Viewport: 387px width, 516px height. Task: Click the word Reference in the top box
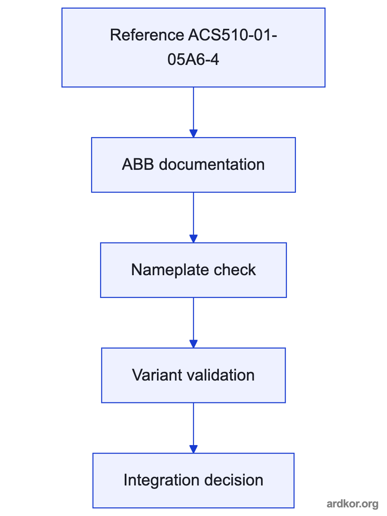coord(147,35)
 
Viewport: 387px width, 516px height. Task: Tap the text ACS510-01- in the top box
coord(233,35)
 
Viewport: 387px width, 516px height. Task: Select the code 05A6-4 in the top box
coord(193,59)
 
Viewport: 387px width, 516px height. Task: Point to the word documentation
coord(212,164)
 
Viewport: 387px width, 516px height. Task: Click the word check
coord(235,270)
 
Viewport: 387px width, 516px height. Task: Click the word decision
coord(234,480)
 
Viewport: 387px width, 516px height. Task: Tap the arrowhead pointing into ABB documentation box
coord(193,134)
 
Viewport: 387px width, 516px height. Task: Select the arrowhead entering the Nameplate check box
coord(193,239)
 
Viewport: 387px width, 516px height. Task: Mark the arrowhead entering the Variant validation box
coord(193,344)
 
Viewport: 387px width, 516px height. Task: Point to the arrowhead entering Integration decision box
coord(193,449)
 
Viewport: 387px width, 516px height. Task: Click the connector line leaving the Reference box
coord(193,108)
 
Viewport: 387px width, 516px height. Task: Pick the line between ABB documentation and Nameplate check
coord(193,214)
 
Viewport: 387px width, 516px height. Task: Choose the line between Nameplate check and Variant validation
coord(193,319)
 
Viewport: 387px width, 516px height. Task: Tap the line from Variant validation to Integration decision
coord(193,424)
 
